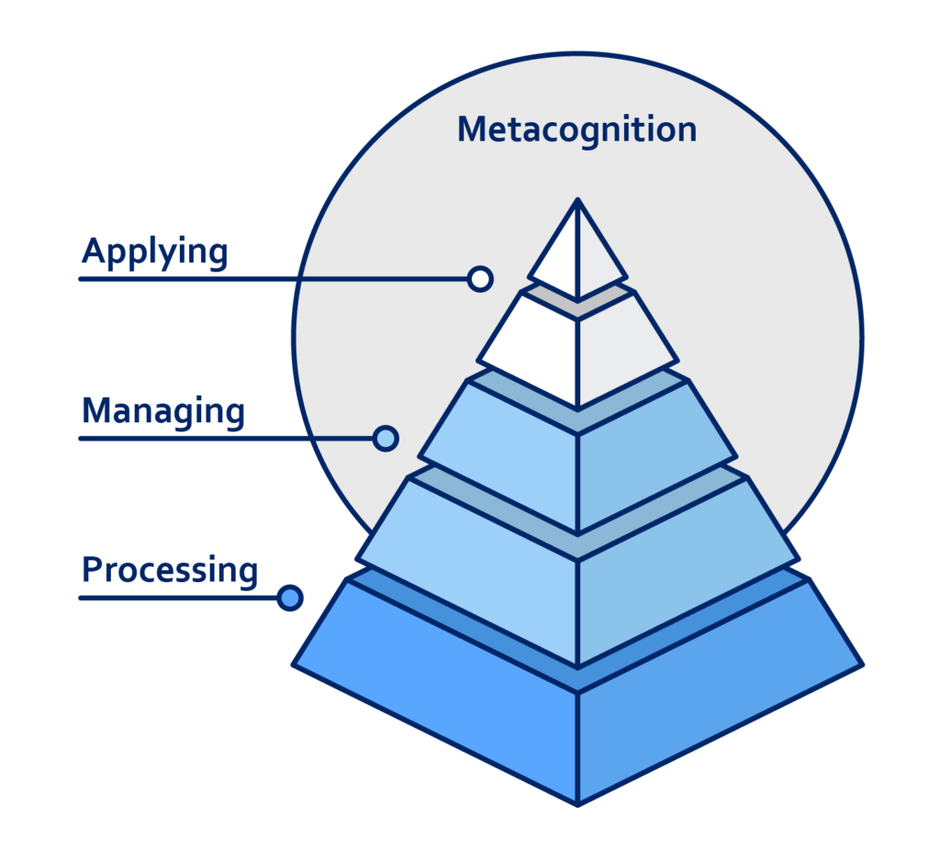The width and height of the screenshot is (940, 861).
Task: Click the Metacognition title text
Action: click(x=576, y=129)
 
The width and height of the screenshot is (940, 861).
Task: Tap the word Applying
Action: click(x=154, y=252)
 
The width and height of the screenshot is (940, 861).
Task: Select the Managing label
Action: click(x=162, y=410)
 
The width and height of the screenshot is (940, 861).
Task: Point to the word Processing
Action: click(x=170, y=569)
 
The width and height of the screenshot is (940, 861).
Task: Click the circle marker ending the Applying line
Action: click(x=480, y=278)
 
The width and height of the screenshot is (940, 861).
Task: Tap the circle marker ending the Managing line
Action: click(x=386, y=438)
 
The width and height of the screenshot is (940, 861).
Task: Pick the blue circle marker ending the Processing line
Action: click(x=290, y=598)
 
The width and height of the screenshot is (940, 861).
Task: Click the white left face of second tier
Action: click(x=537, y=353)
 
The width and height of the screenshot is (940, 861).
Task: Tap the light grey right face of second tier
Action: click(x=620, y=353)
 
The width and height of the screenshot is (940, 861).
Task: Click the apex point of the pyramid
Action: click(x=577, y=200)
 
